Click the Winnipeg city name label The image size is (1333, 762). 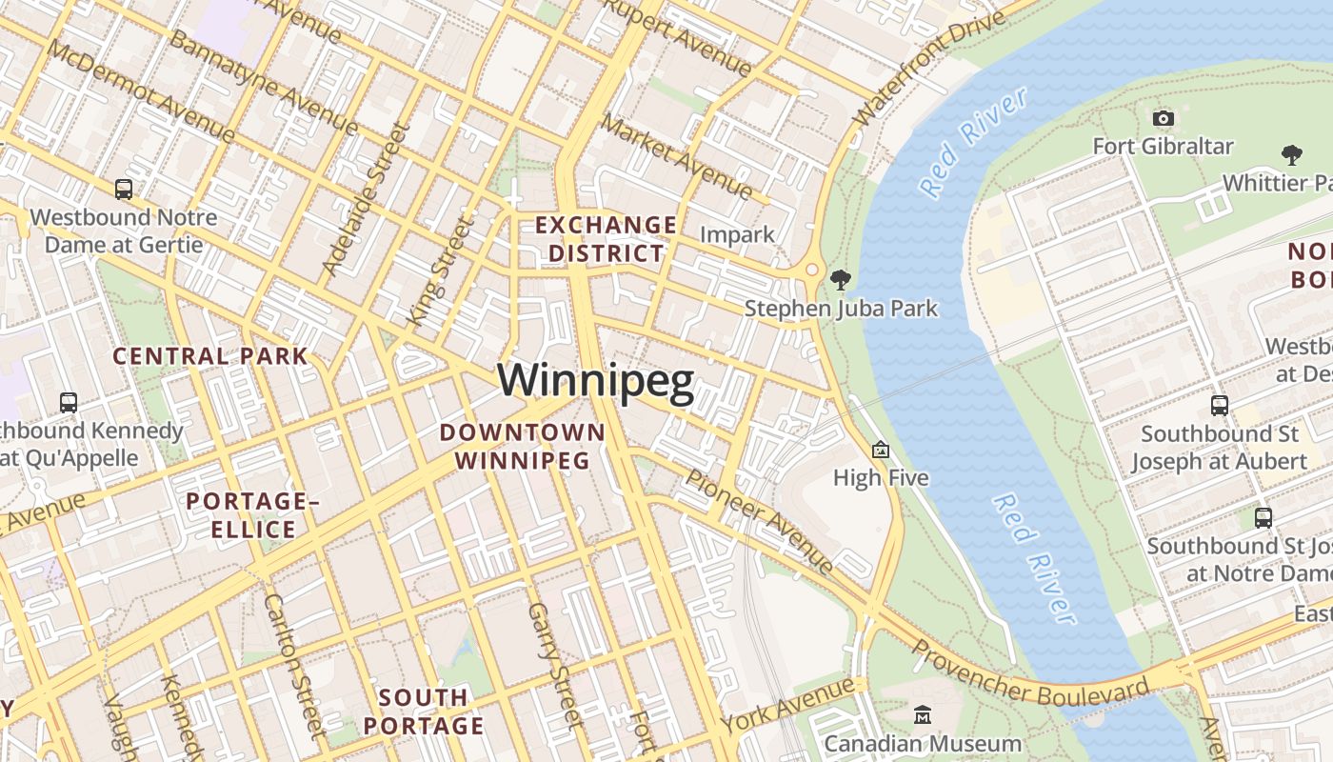click(595, 381)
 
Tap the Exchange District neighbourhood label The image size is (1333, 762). click(607, 239)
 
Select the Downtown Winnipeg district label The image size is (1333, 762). click(522, 447)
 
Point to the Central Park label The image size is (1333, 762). click(210, 356)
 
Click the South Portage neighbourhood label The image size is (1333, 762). click(424, 712)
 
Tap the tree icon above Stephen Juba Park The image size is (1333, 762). click(840, 279)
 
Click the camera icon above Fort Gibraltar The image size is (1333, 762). click(1163, 118)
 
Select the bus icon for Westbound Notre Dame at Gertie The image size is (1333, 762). click(124, 189)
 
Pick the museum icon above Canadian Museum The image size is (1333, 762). click(923, 714)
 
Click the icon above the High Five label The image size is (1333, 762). click(881, 450)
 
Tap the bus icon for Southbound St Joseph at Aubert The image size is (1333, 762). click(1220, 405)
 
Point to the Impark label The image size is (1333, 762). click(737, 234)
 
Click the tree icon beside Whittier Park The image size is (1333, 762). click(1292, 154)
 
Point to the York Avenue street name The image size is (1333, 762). click(787, 706)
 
